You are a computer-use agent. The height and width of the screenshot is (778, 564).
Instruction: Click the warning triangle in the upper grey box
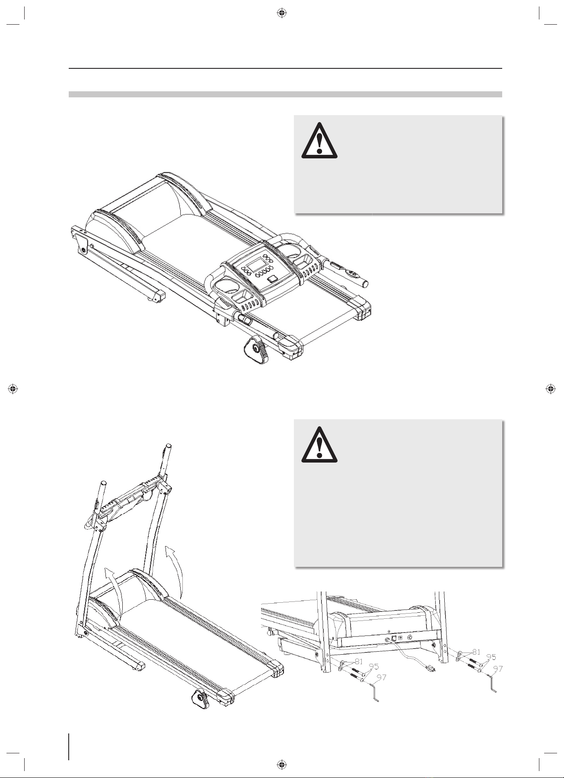pyautogui.click(x=319, y=141)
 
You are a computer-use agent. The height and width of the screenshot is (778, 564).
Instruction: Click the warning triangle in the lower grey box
pyautogui.click(x=319, y=445)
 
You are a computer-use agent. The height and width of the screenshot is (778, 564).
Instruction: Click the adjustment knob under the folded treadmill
pyautogui.click(x=256, y=350)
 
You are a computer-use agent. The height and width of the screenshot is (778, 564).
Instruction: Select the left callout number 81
pyautogui.click(x=358, y=662)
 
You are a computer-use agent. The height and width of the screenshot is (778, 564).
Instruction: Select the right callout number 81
pyautogui.click(x=476, y=652)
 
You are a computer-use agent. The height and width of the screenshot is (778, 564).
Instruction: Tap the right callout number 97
pyautogui.click(x=498, y=669)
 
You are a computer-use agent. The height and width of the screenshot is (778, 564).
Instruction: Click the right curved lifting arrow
pyautogui.click(x=179, y=568)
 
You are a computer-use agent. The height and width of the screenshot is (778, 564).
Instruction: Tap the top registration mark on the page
pyautogui.click(x=281, y=13)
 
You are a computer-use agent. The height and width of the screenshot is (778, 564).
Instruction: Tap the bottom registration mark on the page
pyautogui.click(x=281, y=764)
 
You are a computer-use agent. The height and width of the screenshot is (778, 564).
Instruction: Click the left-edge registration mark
pyautogui.click(x=13, y=388)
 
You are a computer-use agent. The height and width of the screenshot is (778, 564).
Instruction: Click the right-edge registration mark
pyautogui.click(x=551, y=388)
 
